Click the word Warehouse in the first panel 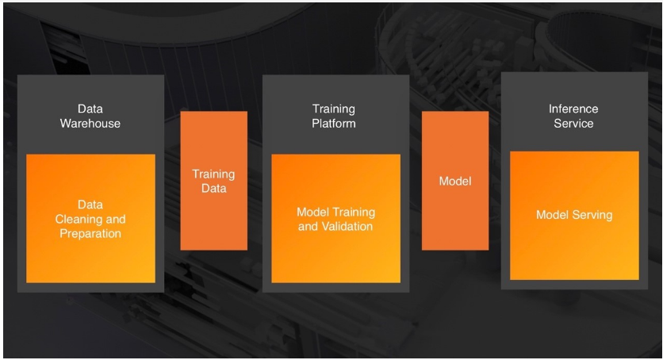click(x=90, y=124)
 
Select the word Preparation click(x=90, y=234)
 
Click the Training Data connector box click(x=213, y=180)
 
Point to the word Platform click(x=334, y=124)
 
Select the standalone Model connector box click(x=455, y=180)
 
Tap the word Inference click(x=573, y=109)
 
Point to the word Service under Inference click(x=573, y=124)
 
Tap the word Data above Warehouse click(x=90, y=109)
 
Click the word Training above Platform click(x=334, y=109)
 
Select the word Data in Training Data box click(x=213, y=189)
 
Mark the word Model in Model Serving click(x=552, y=215)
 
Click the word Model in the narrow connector click(x=455, y=182)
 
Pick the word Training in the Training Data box click(x=213, y=174)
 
